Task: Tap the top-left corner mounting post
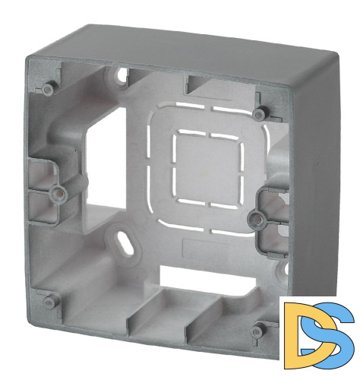pyautogui.click(x=48, y=89)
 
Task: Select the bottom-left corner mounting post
pyautogui.click(x=48, y=301)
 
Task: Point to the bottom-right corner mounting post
pyautogui.click(x=257, y=330)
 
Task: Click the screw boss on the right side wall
pyautogui.click(x=256, y=217)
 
